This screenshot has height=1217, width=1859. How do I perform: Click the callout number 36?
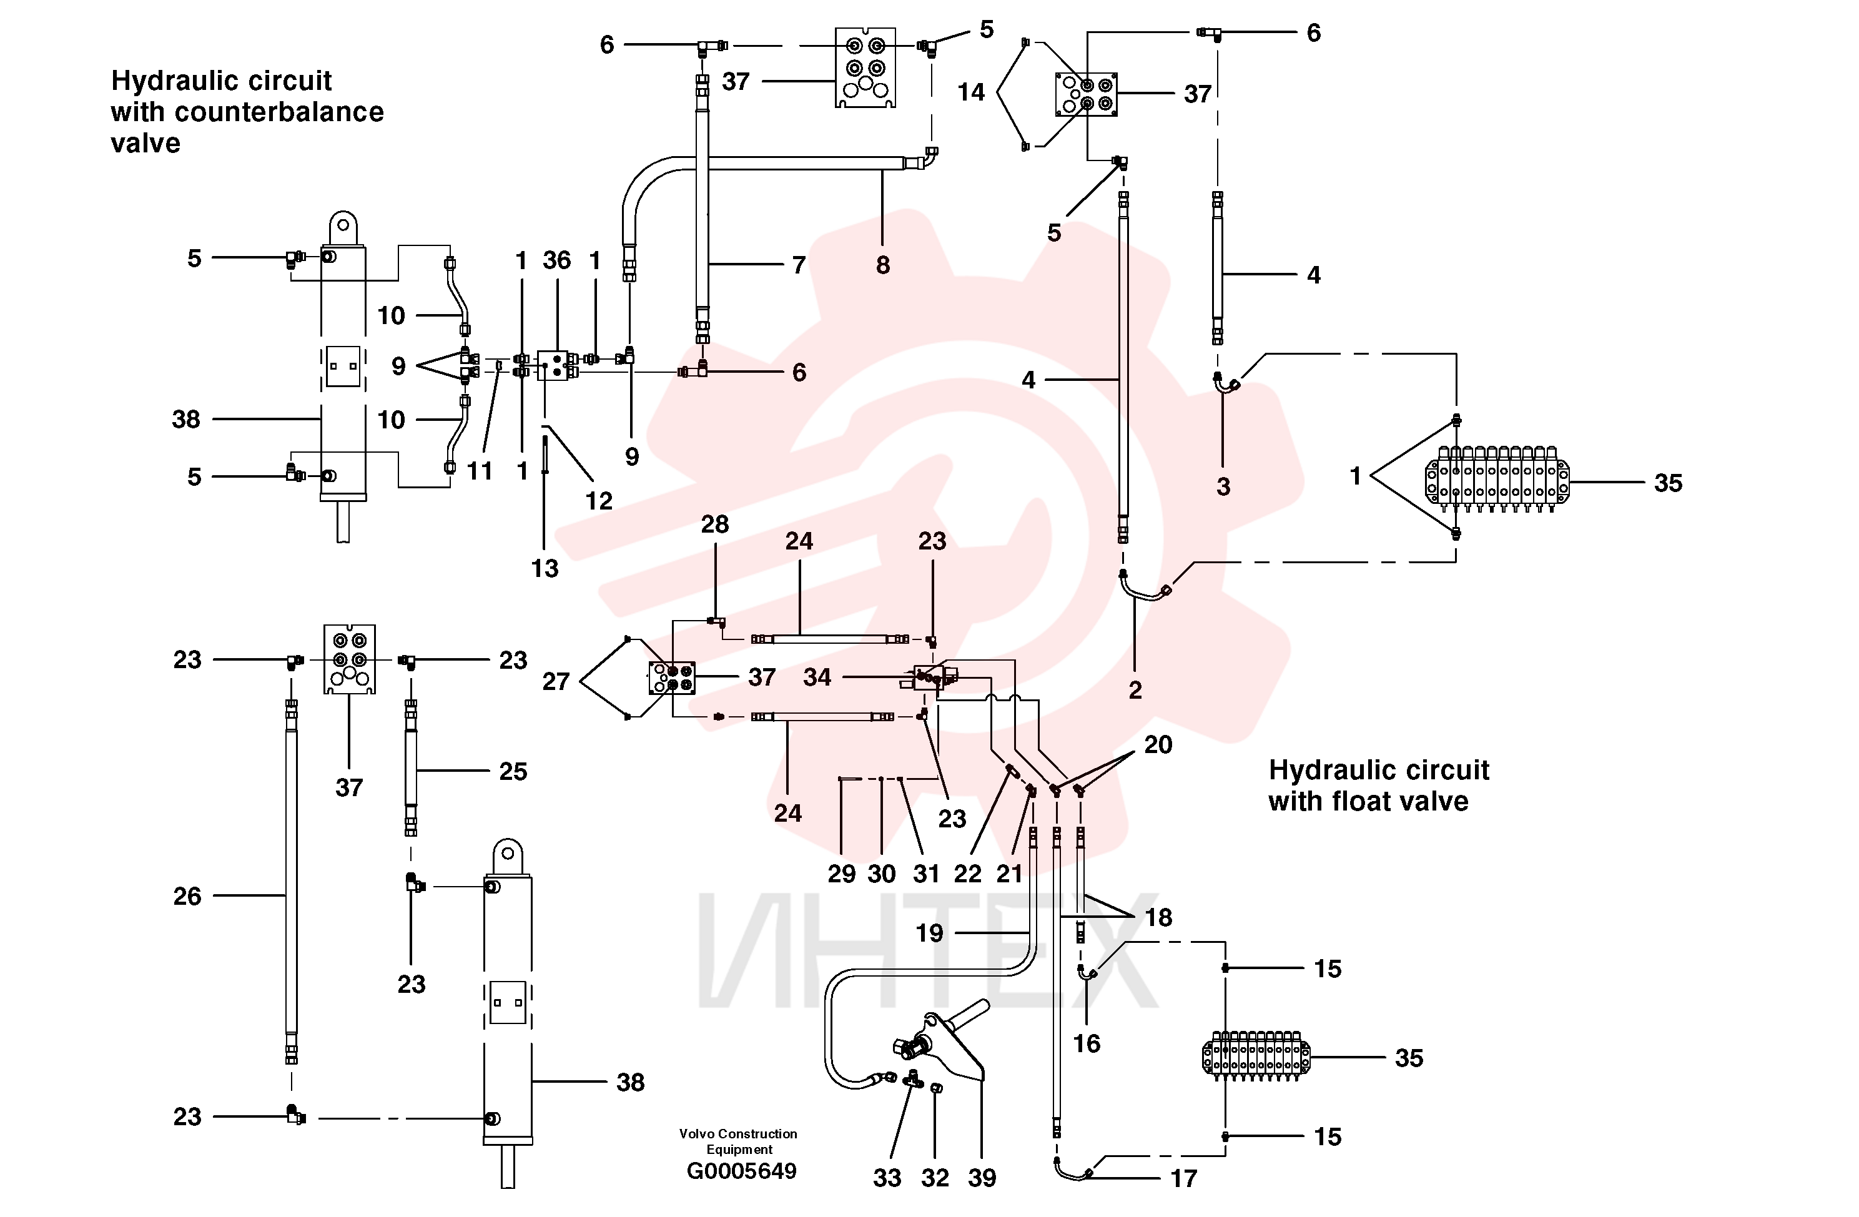point(557,260)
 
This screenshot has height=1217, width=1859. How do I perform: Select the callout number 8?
point(882,265)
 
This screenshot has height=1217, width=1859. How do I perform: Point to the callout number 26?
point(187,896)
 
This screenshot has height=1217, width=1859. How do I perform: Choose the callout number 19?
point(929,933)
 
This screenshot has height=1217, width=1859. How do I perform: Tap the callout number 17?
point(1184,1178)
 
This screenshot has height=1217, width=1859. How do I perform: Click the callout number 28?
point(715,524)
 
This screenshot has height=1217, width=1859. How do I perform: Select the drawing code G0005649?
point(741,1171)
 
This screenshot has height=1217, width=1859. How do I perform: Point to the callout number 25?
point(513,771)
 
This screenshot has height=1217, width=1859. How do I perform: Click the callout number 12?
point(599,501)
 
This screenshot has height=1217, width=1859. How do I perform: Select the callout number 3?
point(1223,486)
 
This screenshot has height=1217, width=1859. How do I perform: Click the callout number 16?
point(1087,1043)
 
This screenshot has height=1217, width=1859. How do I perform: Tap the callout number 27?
point(556,681)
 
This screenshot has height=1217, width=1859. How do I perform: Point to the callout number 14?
point(971,92)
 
